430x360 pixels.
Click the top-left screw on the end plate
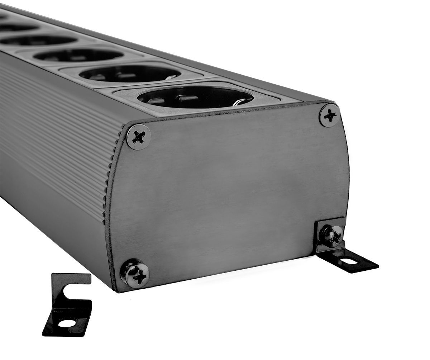(x=138, y=137)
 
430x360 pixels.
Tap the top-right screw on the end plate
(x=329, y=115)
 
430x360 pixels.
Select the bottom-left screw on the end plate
(x=135, y=274)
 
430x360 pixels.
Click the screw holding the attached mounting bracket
(x=331, y=235)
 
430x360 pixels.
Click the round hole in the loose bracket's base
(x=67, y=323)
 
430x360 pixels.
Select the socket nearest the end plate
(x=195, y=97)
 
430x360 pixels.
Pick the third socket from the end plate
(x=79, y=55)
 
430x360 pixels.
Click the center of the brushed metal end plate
(x=229, y=194)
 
